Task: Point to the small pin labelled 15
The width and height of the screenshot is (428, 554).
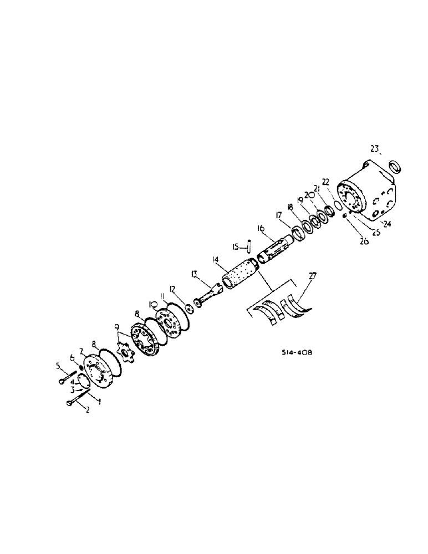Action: (x=251, y=244)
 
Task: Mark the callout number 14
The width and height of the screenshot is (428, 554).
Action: (x=215, y=259)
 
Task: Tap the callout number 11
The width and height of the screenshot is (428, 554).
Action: (x=161, y=297)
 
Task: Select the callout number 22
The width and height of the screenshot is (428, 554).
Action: (x=325, y=181)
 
